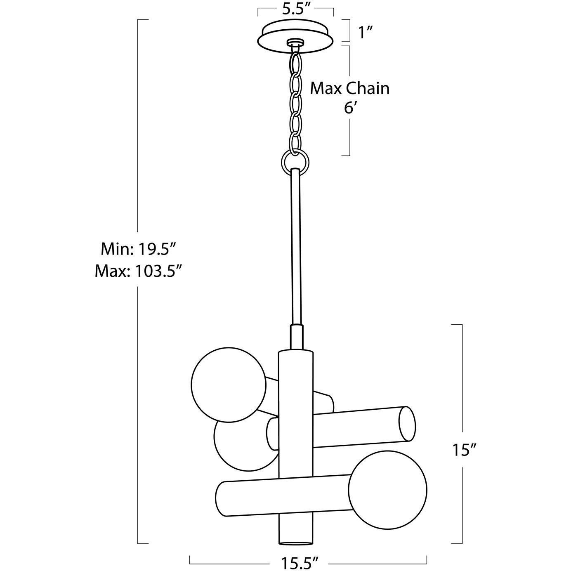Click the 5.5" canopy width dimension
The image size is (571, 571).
296,10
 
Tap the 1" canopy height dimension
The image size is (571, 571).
366,32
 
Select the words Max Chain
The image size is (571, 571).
349,88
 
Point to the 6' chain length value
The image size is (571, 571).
350,108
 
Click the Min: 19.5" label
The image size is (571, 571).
139,250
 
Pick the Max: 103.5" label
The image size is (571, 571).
139,271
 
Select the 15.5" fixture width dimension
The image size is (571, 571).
300,562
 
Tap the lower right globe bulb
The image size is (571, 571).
388,490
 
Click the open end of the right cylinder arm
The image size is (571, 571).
406,424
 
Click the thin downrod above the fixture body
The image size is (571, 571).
296,248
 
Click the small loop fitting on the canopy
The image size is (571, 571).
295,42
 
